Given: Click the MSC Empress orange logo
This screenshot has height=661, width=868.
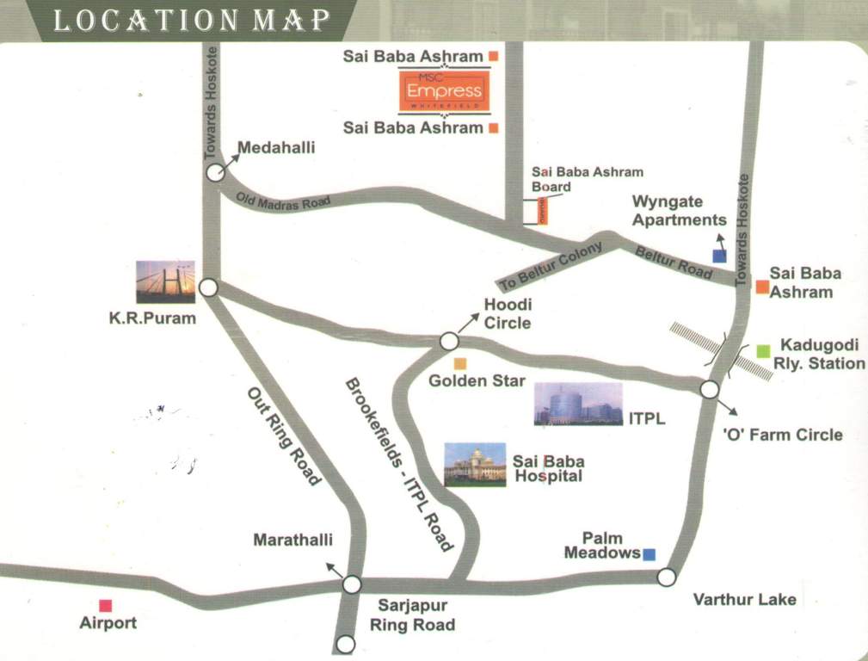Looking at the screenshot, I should pyautogui.click(x=444, y=92).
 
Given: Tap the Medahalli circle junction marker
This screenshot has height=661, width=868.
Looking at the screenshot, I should pyautogui.click(x=215, y=173).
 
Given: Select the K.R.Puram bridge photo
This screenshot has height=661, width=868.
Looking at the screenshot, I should pyautogui.click(x=165, y=281).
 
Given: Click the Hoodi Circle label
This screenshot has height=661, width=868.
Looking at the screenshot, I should pyautogui.click(x=508, y=313).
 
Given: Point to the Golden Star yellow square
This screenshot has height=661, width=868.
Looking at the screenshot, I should pyautogui.click(x=460, y=363).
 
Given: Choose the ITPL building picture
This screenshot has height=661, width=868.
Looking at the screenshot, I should pyautogui.click(x=577, y=404).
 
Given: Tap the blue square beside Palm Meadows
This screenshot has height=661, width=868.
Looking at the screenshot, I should pyautogui.click(x=649, y=554).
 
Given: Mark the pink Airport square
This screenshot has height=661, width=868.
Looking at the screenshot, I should pyautogui.click(x=105, y=605).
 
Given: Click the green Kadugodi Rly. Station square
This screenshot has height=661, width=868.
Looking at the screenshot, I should pyautogui.click(x=763, y=350).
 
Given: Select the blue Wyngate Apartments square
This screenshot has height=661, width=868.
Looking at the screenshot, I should pyautogui.click(x=719, y=256).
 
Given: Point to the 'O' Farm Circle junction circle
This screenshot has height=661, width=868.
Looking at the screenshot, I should pyautogui.click(x=709, y=389).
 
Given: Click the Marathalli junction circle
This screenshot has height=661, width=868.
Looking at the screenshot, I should pyautogui.click(x=352, y=585).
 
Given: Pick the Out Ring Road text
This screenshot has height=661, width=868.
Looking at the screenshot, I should pyautogui.click(x=284, y=436).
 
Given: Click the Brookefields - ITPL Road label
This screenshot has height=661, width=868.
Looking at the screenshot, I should pyautogui.click(x=398, y=464).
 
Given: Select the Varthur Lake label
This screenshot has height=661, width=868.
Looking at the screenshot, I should pyautogui.click(x=744, y=599).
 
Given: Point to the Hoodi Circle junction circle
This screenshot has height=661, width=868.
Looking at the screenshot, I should pyautogui.click(x=448, y=342).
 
